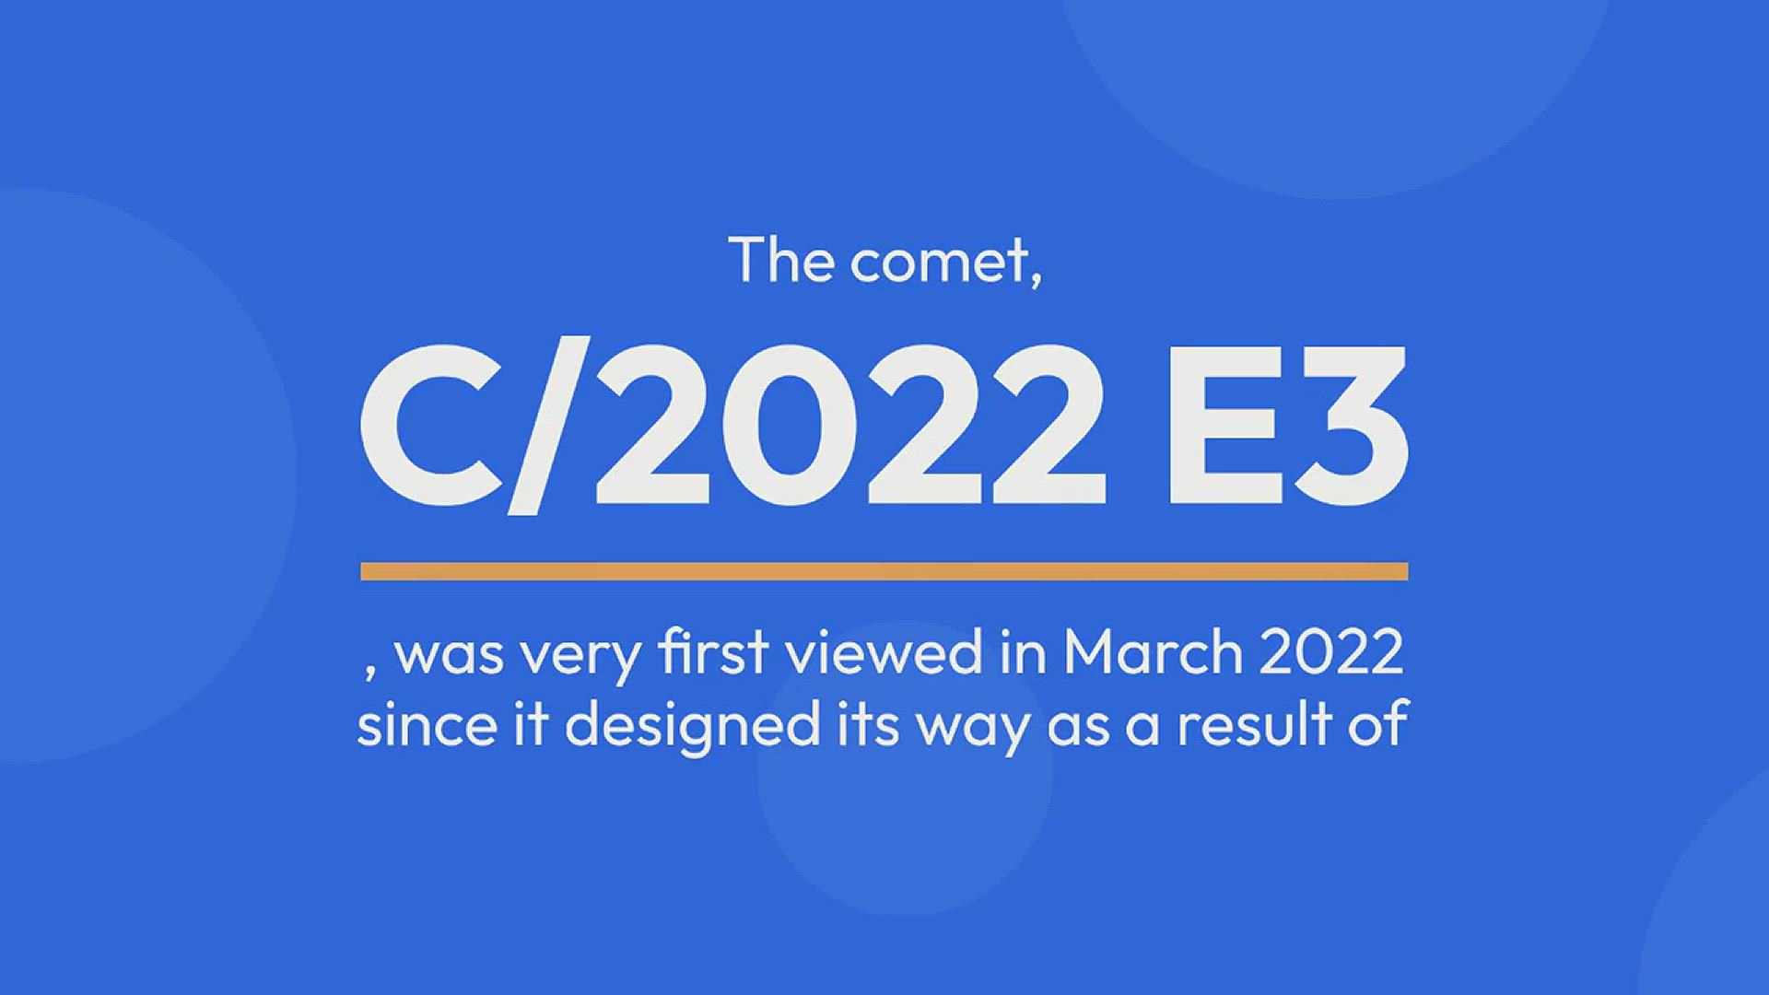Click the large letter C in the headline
(431, 425)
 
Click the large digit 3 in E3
(1351, 425)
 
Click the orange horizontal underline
(884, 571)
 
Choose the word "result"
(1255, 724)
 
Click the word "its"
(868, 724)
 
